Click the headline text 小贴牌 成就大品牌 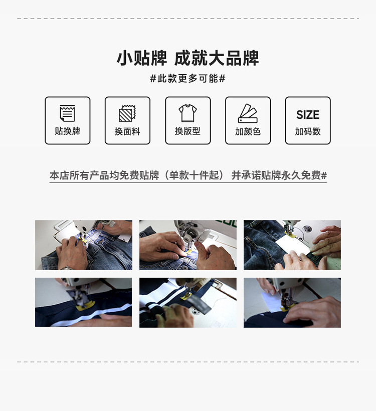pyautogui.click(x=188, y=58)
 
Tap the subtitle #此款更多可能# pyautogui.click(x=188, y=79)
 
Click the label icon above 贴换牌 pyautogui.click(x=67, y=113)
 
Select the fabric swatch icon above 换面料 pyautogui.click(x=127, y=113)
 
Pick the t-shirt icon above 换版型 pyautogui.click(x=187, y=113)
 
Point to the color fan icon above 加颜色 pyautogui.click(x=248, y=113)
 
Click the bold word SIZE pyautogui.click(x=308, y=115)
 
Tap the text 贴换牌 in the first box pyautogui.click(x=67, y=131)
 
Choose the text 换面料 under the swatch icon pyautogui.click(x=127, y=131)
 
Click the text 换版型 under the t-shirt pyautogui.click(x=187, y=131)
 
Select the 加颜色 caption pyautogui.click(x=248, y=131)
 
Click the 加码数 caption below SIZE pyautogui.click(x=308, y=131)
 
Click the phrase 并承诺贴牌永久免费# pyautogui.click(x=279, y=175)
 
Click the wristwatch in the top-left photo pyautogui.click(x=66, y=268)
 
